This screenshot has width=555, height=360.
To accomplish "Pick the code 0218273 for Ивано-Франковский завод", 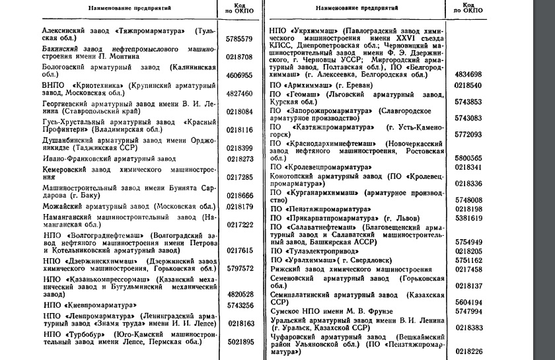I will click(240, 159).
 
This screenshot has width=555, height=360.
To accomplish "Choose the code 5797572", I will click(240, 269).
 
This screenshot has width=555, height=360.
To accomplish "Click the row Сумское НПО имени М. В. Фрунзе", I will click(337, 311).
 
